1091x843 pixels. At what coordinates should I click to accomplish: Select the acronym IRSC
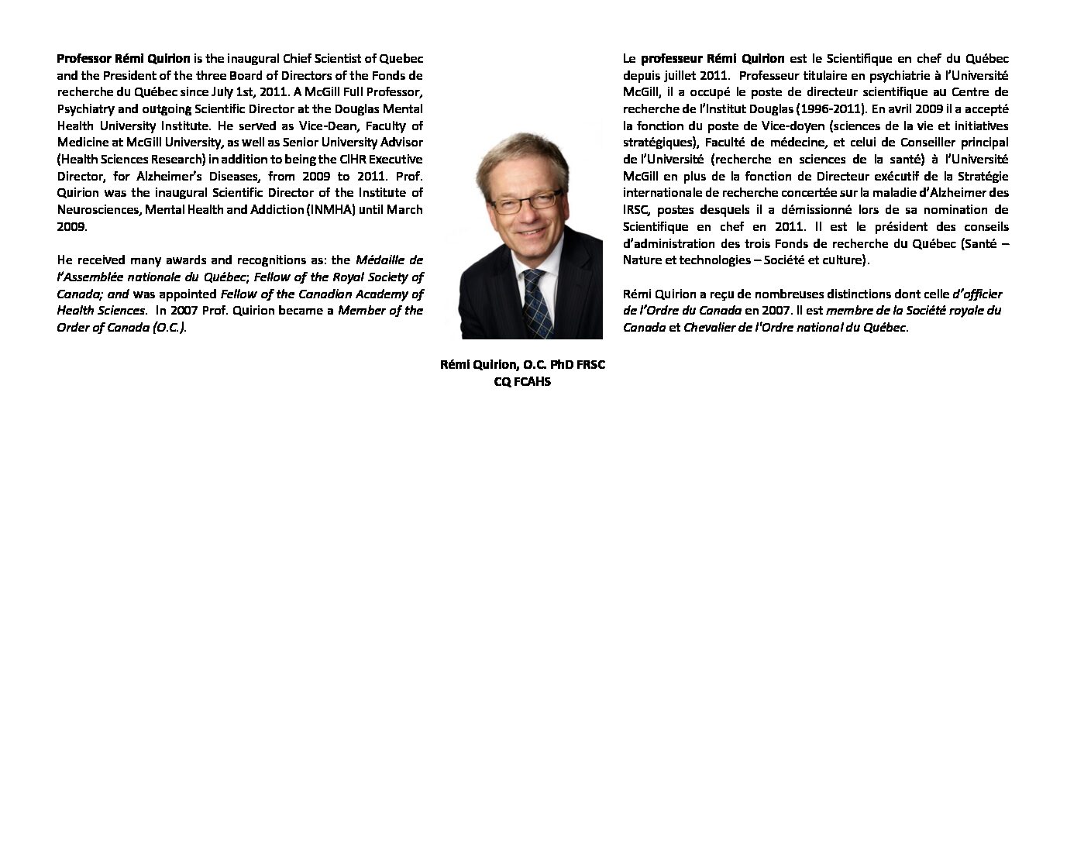tap(638, 210)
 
